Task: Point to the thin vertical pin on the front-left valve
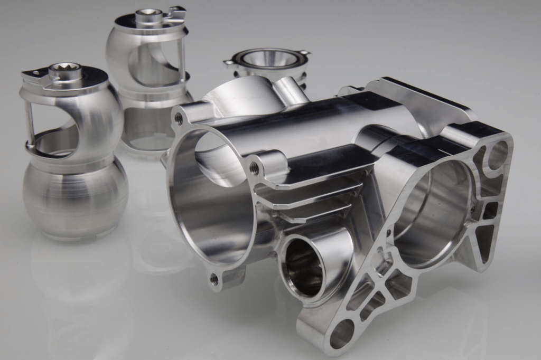[x=30, y=122]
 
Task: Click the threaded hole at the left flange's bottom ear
[x=214, y=279]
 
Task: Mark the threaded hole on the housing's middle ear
[x=254, y=168]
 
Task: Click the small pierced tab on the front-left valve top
[x=35, y=73]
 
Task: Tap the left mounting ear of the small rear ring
[x=229, y=62]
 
